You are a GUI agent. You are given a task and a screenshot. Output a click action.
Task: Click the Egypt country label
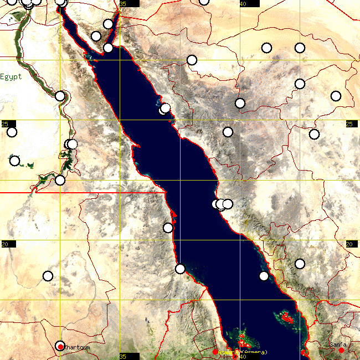tap(11, 76)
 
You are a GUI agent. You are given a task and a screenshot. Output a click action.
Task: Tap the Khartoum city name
tap(76, 347)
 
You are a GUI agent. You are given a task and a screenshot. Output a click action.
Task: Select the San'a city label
tap(337, 344)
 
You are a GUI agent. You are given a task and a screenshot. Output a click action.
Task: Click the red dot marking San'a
tap(342, 351)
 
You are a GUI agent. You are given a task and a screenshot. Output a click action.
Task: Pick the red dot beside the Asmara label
tap(215, 352)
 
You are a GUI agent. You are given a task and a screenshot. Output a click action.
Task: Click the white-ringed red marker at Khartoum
tap(60, 347)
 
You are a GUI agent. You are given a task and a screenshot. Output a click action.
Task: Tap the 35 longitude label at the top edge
tap(122, 4)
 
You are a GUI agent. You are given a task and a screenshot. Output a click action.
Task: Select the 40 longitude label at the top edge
tap(243, 4)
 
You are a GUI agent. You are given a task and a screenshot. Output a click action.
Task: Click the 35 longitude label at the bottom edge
tap(122, 356)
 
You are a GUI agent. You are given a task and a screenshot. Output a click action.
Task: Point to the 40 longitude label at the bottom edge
tap(243, 357)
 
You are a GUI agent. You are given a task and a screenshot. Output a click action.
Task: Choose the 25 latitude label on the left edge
tap(4, 124)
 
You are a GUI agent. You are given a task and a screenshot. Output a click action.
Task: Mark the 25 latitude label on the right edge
tap(349, 124)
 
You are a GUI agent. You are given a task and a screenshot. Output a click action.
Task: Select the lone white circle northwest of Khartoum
tap(48, 276)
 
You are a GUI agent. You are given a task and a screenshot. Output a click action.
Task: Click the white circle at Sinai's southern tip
tap(108, 48)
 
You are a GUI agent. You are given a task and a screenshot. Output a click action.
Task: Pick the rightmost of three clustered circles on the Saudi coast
tap(228, 204)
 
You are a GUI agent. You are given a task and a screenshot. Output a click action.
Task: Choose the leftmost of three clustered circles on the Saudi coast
tap(217, 204)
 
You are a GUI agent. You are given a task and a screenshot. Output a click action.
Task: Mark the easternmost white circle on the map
tap(336, 96)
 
